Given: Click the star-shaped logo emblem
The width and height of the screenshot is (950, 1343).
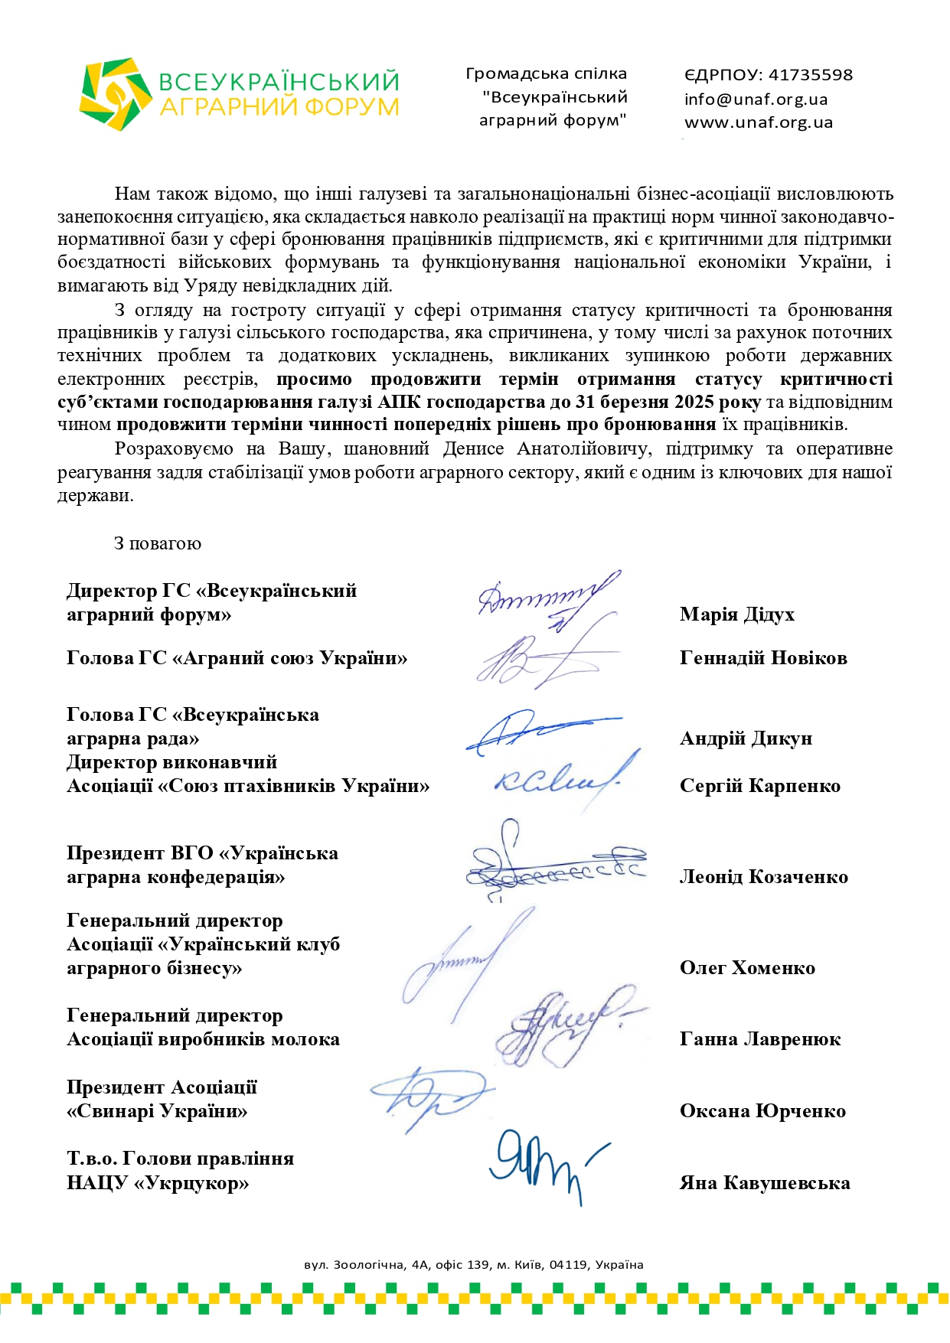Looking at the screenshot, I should pyautogui.click(x=115, y=93).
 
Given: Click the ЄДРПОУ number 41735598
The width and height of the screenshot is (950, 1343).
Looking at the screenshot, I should pyautogui.click(x=810, y=75).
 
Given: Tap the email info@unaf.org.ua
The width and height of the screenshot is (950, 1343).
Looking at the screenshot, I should pyautogui.click(x=756, y=99).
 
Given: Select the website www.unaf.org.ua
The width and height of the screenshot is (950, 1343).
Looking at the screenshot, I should pyautogui.click(x=758, y=122).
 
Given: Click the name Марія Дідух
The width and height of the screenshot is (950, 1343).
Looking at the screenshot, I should pyautogui.click(x=736, y=614).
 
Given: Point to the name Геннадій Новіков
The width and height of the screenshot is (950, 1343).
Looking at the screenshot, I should pyautogui.click(x=762, y=658).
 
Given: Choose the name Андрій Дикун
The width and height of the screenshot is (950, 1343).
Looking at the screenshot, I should pyautogui.click(x=746, y=738).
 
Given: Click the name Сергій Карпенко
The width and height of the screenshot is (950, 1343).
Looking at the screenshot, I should pyautogui.click(x=759, y=786).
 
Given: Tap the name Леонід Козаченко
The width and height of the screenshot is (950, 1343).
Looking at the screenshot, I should pyautogui.click(x=763, y=877).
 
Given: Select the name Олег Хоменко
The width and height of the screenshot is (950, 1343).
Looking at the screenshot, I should pyautogui.click(x=747, y=968).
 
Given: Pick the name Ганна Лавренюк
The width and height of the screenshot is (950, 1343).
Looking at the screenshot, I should pyautogui.click(x=759, y=1039).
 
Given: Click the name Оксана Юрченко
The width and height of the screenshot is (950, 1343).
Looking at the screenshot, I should pyautogui.click(x=762, y=1111).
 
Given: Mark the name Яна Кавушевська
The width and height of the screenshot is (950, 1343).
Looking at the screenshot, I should pyautogui.click(x=764, y=1183).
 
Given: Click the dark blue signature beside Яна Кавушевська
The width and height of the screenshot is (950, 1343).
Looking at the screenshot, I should pyautogui.click(x=544, y=1163).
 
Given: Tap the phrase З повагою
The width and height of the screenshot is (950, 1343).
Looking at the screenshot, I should pyautogui.click(x=158, y=544).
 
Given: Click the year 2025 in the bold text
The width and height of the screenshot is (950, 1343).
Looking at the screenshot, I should pyautogui.click(x=694, y=403).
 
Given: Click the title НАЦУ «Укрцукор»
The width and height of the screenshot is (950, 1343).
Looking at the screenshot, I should pyautogui.click(x=158, y=1183).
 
